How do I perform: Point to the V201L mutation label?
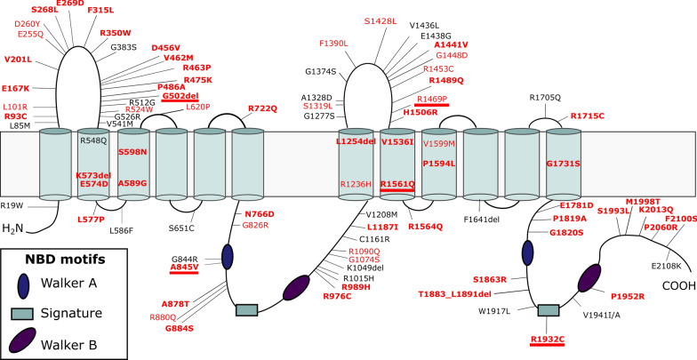pyautogui.click(x=18, y=60)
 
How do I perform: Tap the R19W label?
pyautogui.click(x=12, y=205)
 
